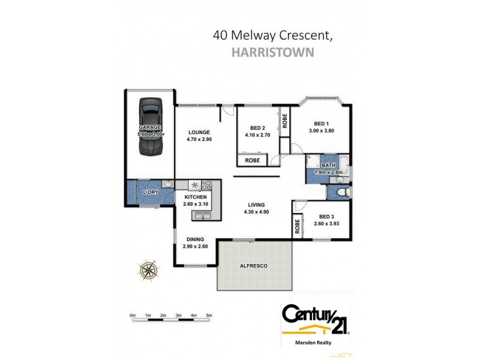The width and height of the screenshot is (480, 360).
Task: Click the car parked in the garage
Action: point(150,127)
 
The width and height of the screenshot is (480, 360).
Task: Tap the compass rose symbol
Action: point(146,270)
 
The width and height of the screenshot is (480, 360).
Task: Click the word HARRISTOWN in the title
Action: point(272,52)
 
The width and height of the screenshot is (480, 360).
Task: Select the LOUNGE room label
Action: point(199,132)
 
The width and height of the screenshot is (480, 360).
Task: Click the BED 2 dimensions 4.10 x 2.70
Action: point(258,136)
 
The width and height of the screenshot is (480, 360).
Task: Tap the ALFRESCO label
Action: point(253,265)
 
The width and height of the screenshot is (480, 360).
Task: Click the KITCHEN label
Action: point(196,197)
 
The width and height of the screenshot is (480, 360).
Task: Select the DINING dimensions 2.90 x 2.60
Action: point(195,246)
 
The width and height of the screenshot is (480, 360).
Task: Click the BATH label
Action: point(328,166)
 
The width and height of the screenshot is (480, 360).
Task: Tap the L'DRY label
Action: point(150,192)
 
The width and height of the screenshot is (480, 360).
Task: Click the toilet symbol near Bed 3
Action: point(341,193)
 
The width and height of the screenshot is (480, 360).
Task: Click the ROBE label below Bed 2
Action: point(253,160)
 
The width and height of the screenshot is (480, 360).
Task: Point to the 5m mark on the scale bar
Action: point(209,315)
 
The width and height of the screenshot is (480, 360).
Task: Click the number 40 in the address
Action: point(221,35)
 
